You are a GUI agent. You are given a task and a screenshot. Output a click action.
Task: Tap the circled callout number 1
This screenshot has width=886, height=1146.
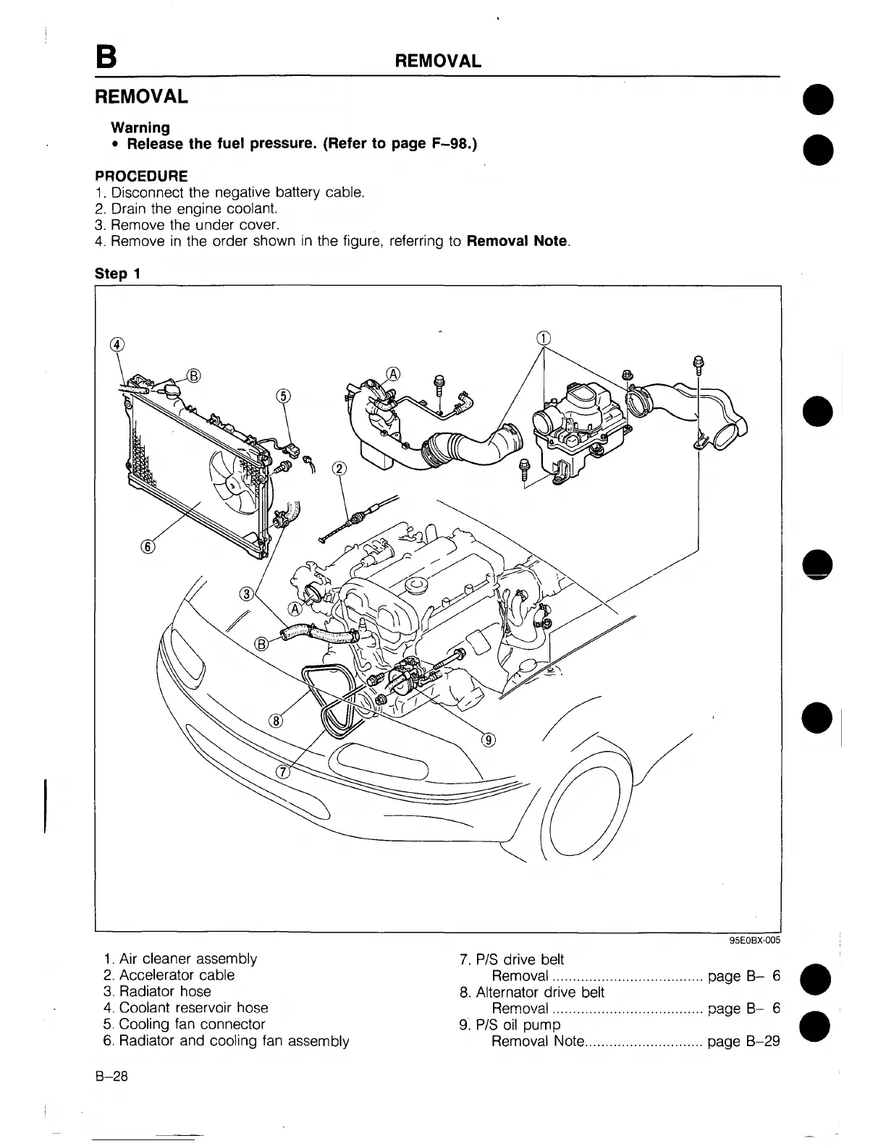tap(544, 337)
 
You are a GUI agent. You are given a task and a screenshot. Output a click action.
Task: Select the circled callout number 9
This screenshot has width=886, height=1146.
tap(490, 739)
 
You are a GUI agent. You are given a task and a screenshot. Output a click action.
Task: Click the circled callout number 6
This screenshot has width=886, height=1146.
tap(148, 547)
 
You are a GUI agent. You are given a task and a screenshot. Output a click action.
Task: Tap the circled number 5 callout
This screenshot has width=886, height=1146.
tap(284, 395)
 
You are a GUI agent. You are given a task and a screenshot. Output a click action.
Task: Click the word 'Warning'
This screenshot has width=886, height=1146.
tap(140, 127)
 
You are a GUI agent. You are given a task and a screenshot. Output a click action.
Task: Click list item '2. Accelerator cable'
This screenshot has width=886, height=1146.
tap(169, 975)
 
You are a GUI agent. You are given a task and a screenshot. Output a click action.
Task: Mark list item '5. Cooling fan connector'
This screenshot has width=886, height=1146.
tap(184, 1024)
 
